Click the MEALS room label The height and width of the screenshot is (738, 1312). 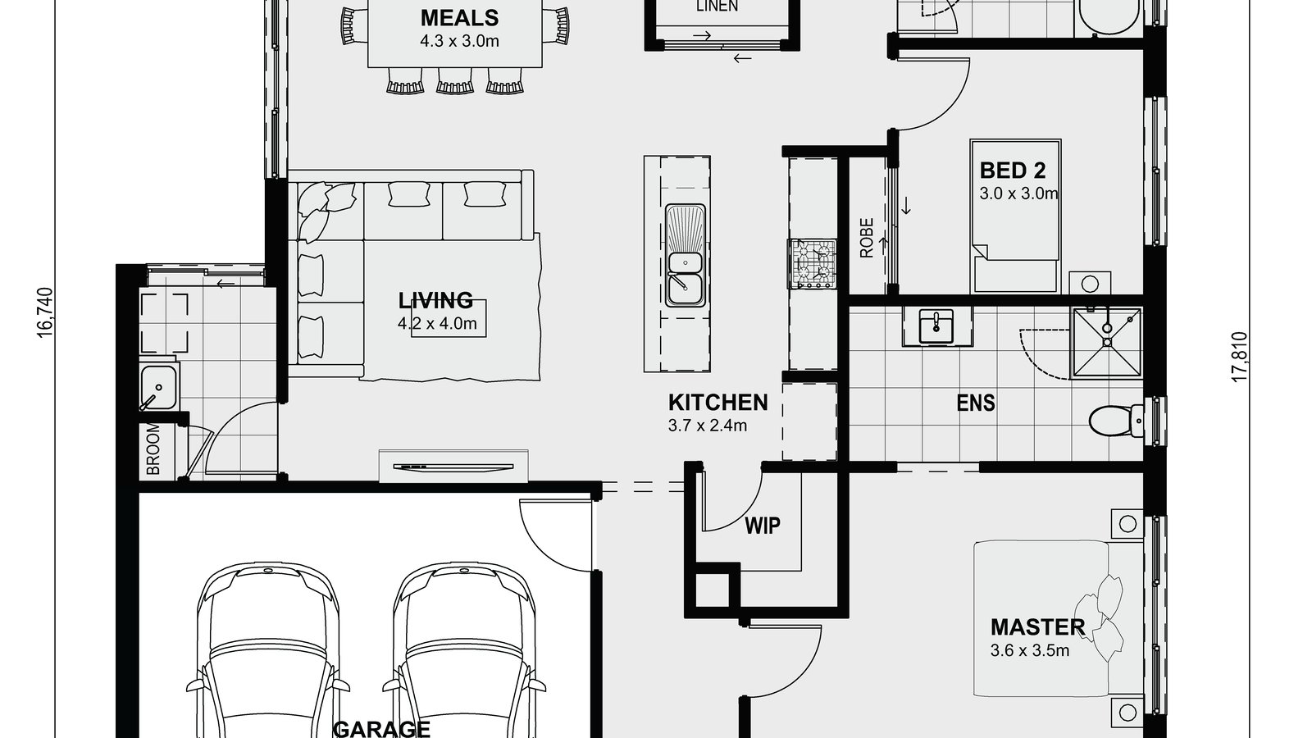pos(458,17)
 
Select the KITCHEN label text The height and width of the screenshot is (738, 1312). pos(717,402)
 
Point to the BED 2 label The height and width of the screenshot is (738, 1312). pos(1013,171)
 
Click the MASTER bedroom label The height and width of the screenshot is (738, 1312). pos(1037,627)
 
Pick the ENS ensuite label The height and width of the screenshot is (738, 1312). pos(975,403)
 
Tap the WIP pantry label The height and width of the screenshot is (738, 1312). pos(762,526)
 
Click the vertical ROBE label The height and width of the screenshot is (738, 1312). pos(867,239)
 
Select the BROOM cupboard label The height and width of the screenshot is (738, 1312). pos(153,449)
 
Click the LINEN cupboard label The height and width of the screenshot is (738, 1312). pos(717,7)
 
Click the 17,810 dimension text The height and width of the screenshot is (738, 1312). pos(1238,356)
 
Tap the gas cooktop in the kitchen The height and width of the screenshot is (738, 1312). pos(813,264)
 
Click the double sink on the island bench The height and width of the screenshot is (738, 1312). pos(685,276)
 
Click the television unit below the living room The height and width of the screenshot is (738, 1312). pos(453,467)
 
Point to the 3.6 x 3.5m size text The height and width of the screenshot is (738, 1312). pos(1030,651)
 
